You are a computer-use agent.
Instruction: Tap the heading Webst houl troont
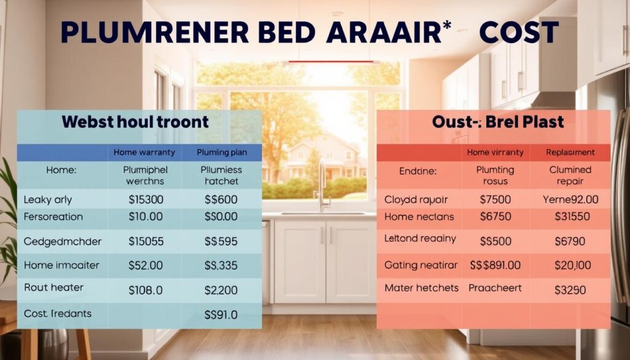135,121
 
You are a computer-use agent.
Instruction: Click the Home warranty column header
145,152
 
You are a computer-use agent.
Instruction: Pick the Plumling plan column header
221,152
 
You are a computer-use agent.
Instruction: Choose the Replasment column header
570,152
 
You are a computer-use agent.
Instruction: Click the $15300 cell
146,199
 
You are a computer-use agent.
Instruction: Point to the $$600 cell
221,199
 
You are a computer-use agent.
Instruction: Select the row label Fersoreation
53,217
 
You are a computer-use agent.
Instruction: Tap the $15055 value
146,241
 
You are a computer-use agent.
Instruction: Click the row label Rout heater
54,287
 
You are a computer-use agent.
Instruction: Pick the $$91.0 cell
221,314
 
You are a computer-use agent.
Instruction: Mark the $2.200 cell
221,289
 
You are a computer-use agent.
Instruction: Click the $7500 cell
495,199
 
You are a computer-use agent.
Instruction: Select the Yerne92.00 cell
571,199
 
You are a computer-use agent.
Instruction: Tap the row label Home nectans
419,217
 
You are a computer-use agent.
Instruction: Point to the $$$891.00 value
495,265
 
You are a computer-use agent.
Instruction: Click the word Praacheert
495,287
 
